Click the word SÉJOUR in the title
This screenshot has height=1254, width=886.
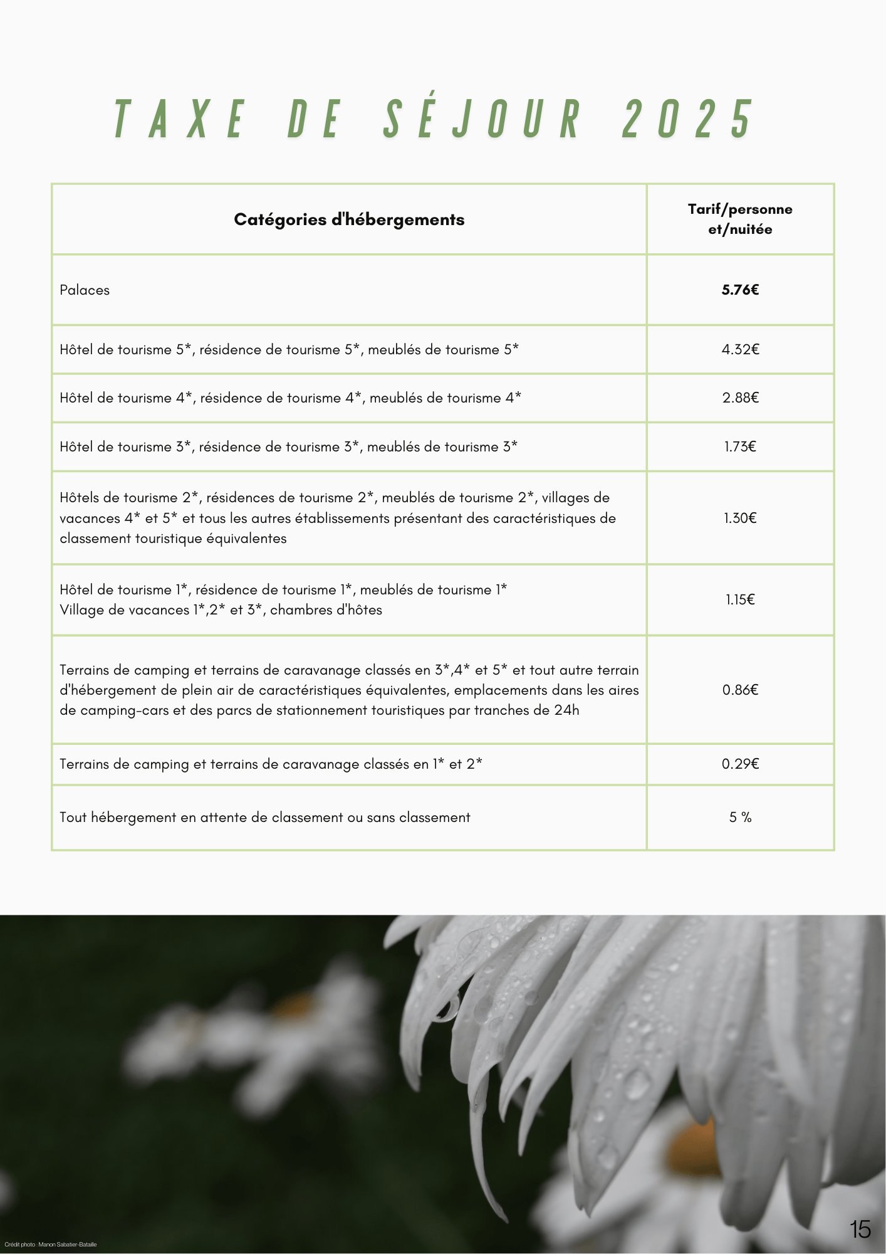pyautogui.click(x=482, y=119)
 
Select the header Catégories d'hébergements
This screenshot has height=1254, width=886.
pyautogui.click(x=349, y=219)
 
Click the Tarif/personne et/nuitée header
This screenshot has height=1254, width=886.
pyautogui.click(x=740, y=219)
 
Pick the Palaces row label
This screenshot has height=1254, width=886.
pyautogui.click(x=85, y=290)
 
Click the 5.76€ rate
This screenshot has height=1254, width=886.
pyautogui.click(x=740, y=290)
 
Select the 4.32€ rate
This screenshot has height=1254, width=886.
pyautogui.click(x=740, y=350)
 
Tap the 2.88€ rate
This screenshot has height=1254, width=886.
pyautogui.click(x=740, y=398)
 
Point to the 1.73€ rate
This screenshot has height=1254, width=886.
pyautogui.click(x=740, y=447)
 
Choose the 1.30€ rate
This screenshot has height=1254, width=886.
pyautogui.click(x=740, y=519)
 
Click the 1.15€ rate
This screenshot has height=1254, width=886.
pyautogui.click(x=740, y=600)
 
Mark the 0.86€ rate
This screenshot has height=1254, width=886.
pyautogui.click(x=740, y=690)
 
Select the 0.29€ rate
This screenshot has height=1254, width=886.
pyautogui.click(x=740, y=764)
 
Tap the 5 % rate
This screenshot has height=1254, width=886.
pyautogui.click(x=740, y=818)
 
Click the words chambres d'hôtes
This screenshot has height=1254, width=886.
pyautogui.click(x=326, y=610)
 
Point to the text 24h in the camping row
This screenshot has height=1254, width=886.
pyautogui.click(x=566, y=710)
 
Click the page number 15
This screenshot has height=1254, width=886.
pyautogui.click(x=860, y=1230)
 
